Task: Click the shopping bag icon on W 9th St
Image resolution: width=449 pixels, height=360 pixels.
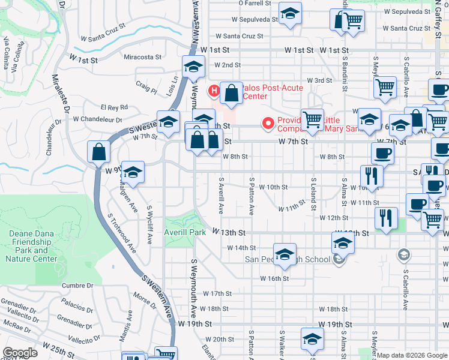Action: tap(98, 152)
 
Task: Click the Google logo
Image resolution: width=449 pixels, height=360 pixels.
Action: tap(20, 353)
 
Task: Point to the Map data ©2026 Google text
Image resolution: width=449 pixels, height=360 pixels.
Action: tap(411, 355)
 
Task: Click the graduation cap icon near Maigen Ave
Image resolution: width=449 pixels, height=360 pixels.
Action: tap(133, 173)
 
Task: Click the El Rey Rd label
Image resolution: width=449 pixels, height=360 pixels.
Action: tap(114, 107)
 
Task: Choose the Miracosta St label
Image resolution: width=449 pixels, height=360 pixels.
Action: tap(143, 58)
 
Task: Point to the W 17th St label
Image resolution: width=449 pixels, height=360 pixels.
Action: tap(217, 293)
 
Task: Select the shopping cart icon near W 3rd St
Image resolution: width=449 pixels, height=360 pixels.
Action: tap(385, 88)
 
